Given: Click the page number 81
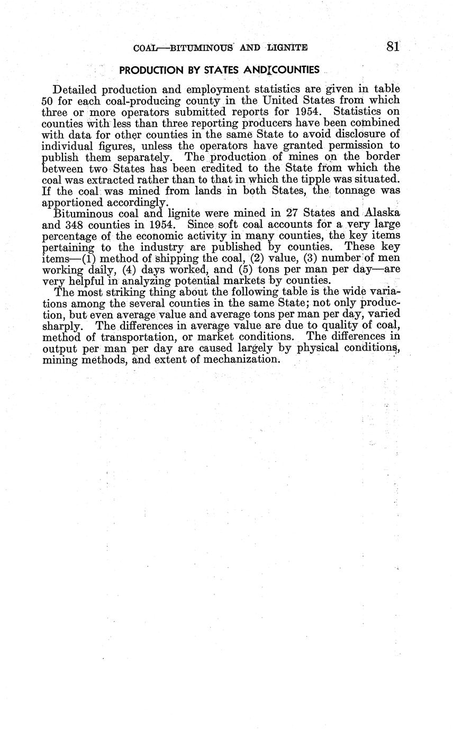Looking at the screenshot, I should click(392, 47).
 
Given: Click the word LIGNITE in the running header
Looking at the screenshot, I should click(287, 48).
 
